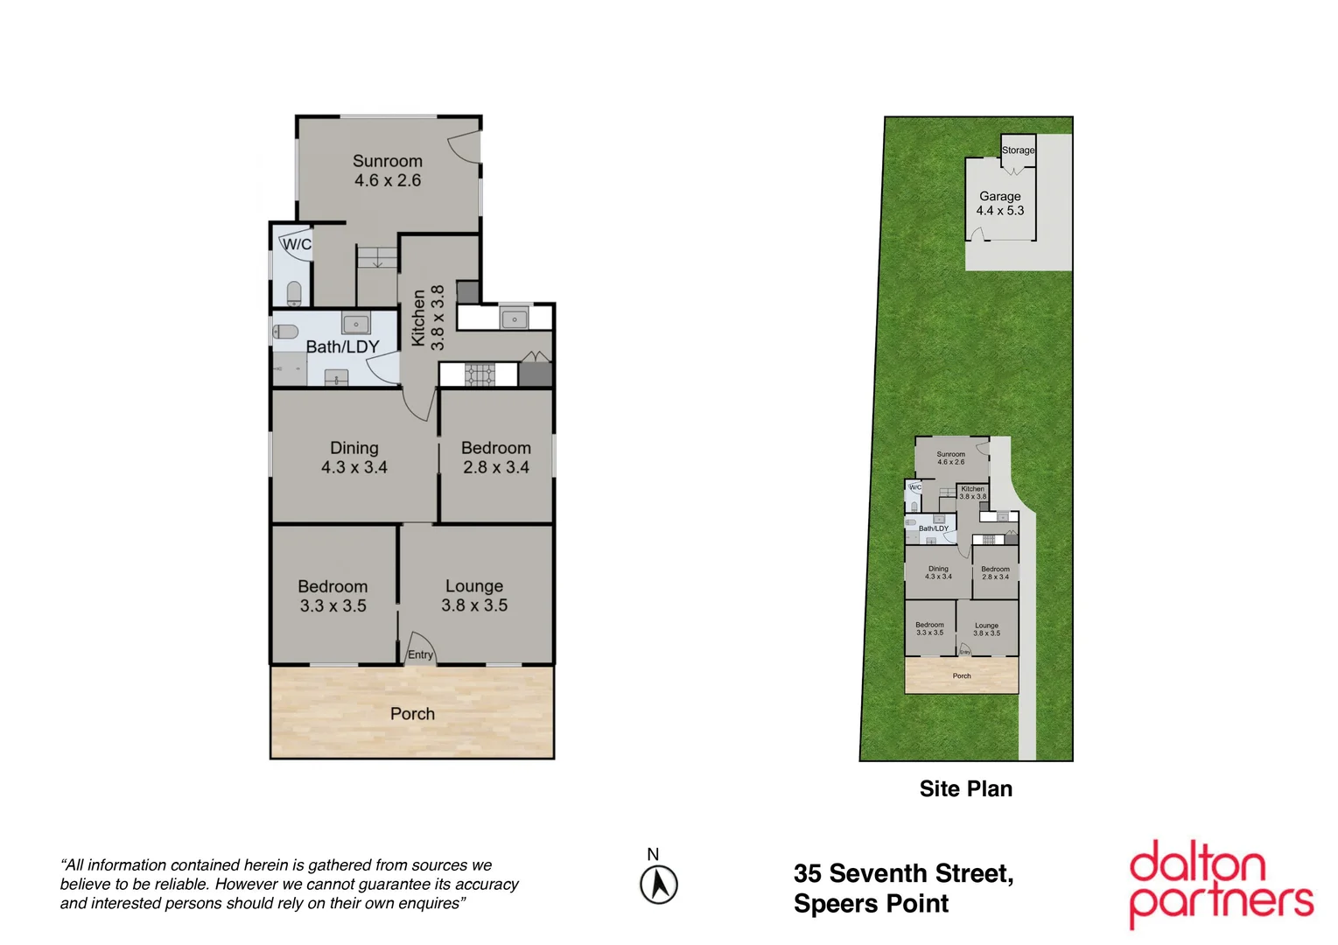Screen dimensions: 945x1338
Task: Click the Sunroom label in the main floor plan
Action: click(387, 161)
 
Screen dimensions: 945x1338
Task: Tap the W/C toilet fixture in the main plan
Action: click(294, 293)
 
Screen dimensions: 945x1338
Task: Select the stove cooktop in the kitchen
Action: click(480, 374)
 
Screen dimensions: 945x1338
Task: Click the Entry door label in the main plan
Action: click(420, 654)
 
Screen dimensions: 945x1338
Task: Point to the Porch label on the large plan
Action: click(412, 714)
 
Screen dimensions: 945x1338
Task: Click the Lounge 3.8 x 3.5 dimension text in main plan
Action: click(474, 605)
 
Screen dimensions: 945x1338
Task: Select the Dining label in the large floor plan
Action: click(354, 448)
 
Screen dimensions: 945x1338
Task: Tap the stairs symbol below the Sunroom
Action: click(377, 257)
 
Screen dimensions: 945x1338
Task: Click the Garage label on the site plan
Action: click(999, 197)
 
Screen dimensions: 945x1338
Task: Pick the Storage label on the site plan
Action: click(1018, 150)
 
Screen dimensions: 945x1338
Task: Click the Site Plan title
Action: click(965, 789)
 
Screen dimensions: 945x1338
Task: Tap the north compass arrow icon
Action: click(659, 885)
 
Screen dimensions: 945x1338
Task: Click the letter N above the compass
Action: click(653, 855)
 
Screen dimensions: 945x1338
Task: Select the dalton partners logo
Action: click(1221, 884)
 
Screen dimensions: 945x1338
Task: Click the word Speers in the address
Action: click(832, 904)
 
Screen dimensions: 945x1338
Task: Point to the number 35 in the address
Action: click(807, 874)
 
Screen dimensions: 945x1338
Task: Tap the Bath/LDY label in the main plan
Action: click(342, 347)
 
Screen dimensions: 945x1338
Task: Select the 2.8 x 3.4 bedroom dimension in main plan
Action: click(496, 467)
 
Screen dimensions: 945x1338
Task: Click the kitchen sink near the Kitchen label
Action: click(514, 318)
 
